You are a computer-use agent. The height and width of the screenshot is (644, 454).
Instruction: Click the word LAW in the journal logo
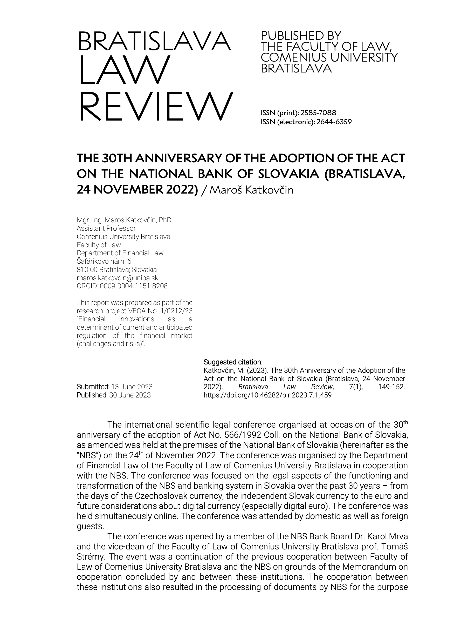point(124,70)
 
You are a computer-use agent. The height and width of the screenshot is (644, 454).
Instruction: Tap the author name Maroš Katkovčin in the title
point(251,190)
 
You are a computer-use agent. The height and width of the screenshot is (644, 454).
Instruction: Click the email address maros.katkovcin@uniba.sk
point(117,278)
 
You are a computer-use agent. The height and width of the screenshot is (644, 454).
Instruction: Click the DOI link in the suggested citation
point(267,395)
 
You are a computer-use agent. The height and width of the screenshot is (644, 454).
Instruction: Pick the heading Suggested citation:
point(233,362)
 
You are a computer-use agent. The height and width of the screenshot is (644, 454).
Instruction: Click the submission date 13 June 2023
point(132,387)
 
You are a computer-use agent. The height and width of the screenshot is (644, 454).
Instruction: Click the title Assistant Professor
point(106,228)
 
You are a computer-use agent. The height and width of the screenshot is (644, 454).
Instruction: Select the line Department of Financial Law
point(120,253)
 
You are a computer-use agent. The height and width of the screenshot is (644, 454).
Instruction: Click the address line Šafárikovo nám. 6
point(104,261)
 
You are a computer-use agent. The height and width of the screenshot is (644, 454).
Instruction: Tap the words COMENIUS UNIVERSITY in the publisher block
point(329,57)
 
